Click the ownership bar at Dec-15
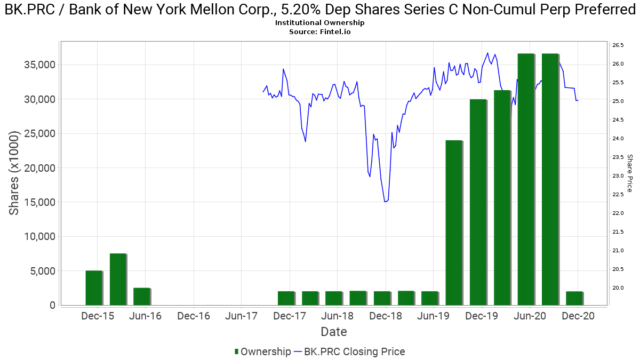(x=93, y=288)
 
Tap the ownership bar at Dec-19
(x=478, y=202)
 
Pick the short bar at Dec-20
(x=574, y=298)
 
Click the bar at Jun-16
(x=141, y=297)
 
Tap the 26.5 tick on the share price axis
(x=619, y=45)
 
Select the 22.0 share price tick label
(x=619, y=213)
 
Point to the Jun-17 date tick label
(x=242, y=316)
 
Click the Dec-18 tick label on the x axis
(x=386, y=316)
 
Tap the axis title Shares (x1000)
(x=14, y=173)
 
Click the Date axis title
(x=334, y=332)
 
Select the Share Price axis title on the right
(x=629, y=173)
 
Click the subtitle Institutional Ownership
(x=320, y=23)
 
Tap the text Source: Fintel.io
(x=320, y=32)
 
